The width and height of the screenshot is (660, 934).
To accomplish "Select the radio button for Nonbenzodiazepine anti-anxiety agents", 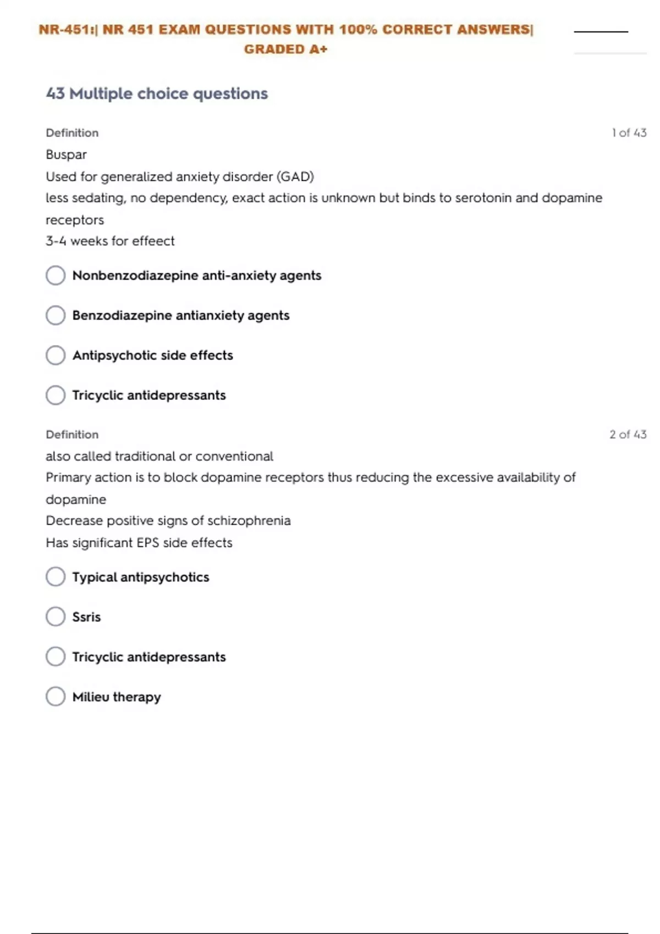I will click(56, 275).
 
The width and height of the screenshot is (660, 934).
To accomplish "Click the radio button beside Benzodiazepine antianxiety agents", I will click(56, 315).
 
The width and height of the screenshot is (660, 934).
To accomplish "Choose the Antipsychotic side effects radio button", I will click(56, 355).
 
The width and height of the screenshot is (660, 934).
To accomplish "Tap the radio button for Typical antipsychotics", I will click(56, 577).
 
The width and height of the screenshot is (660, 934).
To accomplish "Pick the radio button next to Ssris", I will click(56, 617).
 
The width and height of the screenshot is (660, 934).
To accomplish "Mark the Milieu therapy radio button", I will click(56, 697).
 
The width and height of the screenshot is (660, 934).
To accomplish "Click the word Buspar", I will click(66, 155).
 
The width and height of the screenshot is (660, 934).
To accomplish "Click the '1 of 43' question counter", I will click(629, 133).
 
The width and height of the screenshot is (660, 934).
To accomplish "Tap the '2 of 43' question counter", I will click(628, 435).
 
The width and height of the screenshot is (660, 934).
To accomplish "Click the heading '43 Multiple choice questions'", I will click(157, 94).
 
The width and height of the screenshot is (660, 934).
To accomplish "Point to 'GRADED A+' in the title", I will click(285, 49).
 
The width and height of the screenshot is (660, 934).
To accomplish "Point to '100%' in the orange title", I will click(358, 30).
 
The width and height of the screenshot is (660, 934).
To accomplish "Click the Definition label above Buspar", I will click(72, 133).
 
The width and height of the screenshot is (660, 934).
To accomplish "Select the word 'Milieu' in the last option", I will click(91, 697).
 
